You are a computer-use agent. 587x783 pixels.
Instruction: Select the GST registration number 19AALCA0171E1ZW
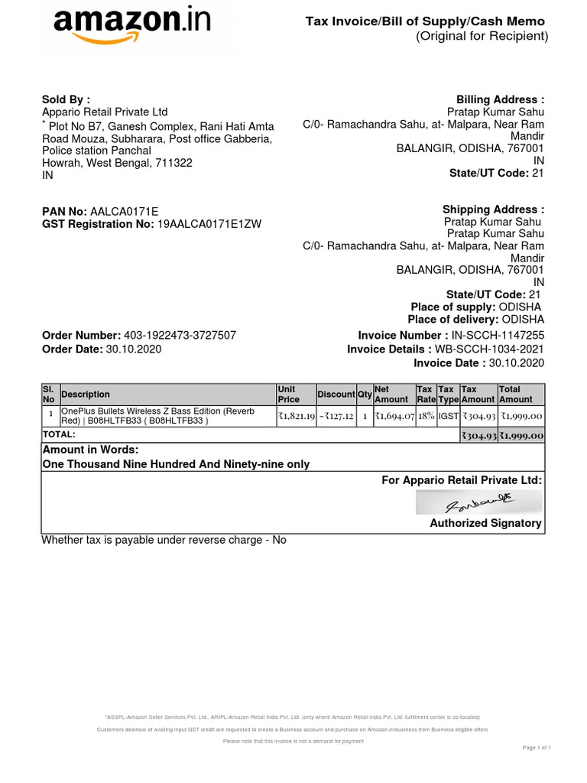[x=209, y=224]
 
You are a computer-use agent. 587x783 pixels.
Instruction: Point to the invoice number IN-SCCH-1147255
[x=498, y=336]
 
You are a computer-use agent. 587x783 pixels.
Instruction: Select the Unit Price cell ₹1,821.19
[x=297, y=416]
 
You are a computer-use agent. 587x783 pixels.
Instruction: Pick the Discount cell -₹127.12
[x=336, y=416]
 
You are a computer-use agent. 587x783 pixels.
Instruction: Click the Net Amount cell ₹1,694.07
[x=394, y=416]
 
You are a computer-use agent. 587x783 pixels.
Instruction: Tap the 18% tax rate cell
[x=426, y=416]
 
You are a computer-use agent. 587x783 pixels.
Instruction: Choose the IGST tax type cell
[x=449, y=416]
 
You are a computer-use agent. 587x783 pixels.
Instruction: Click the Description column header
[x=86, y=395]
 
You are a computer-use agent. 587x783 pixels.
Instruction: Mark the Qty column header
[x=365, y=395]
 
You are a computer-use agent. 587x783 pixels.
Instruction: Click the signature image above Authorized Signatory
[x=478, y=502]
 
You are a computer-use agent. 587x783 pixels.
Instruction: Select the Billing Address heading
[x=500, y=99]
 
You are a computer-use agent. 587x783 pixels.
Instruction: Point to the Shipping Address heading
[x=493, y=210]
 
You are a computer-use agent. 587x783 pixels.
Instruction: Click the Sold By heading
[x=66, y=99]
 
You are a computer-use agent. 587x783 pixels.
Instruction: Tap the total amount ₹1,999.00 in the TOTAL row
[x=522, y=436]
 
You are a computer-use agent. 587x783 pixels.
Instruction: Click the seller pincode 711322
[x=174, y=163]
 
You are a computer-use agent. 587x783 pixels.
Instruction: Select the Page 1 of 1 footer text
[x=537, y=747]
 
